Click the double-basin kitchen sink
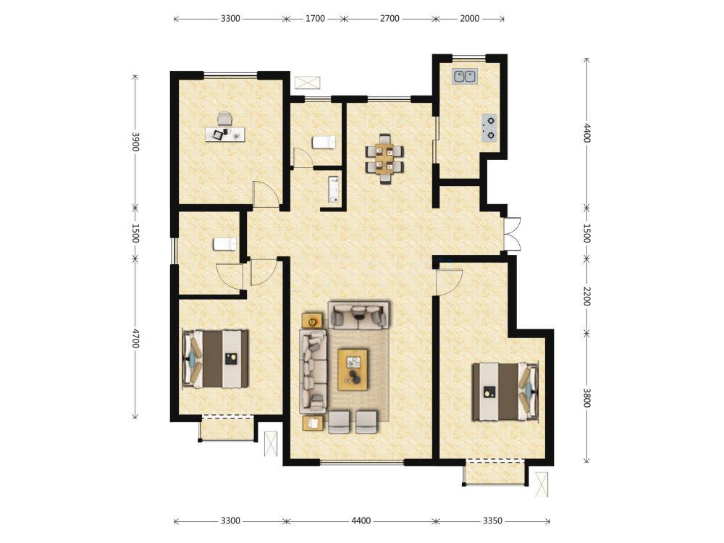point(465,77)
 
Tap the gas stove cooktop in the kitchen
point(489,127)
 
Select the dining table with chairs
point(384,159)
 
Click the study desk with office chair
point(225,130)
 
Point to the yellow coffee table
point(353,369)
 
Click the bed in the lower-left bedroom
point(216,359)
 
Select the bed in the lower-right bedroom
point(505,392)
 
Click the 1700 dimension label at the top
point(316,19)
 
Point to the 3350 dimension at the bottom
point(492,521)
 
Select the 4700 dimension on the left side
point(135,338)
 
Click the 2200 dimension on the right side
point(586,296)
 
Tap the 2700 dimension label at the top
point(390,19)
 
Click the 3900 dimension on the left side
point(135,142)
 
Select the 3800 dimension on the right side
point(586,397)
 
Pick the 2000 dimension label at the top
point(470,19)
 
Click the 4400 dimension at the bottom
point(361,521)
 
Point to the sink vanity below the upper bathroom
point(333,189)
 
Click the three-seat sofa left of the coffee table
point(313,371)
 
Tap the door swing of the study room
point(266,193)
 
